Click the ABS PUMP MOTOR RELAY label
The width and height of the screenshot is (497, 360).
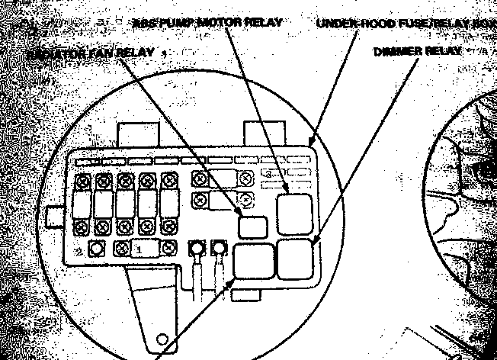coord(206,22)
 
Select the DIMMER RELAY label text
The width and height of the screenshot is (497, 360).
coord(418,51)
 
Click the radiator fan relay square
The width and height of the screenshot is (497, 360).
coord(252,227)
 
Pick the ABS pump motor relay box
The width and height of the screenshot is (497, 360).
coord(294,214)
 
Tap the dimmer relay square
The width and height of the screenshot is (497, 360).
coord(296,259)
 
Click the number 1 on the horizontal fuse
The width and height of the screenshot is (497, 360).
coord(139,249)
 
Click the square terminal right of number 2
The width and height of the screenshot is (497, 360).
coord(96,249)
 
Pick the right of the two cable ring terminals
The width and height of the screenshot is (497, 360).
coord(220,249)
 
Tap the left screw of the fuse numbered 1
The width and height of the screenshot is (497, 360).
coord(120,249)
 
